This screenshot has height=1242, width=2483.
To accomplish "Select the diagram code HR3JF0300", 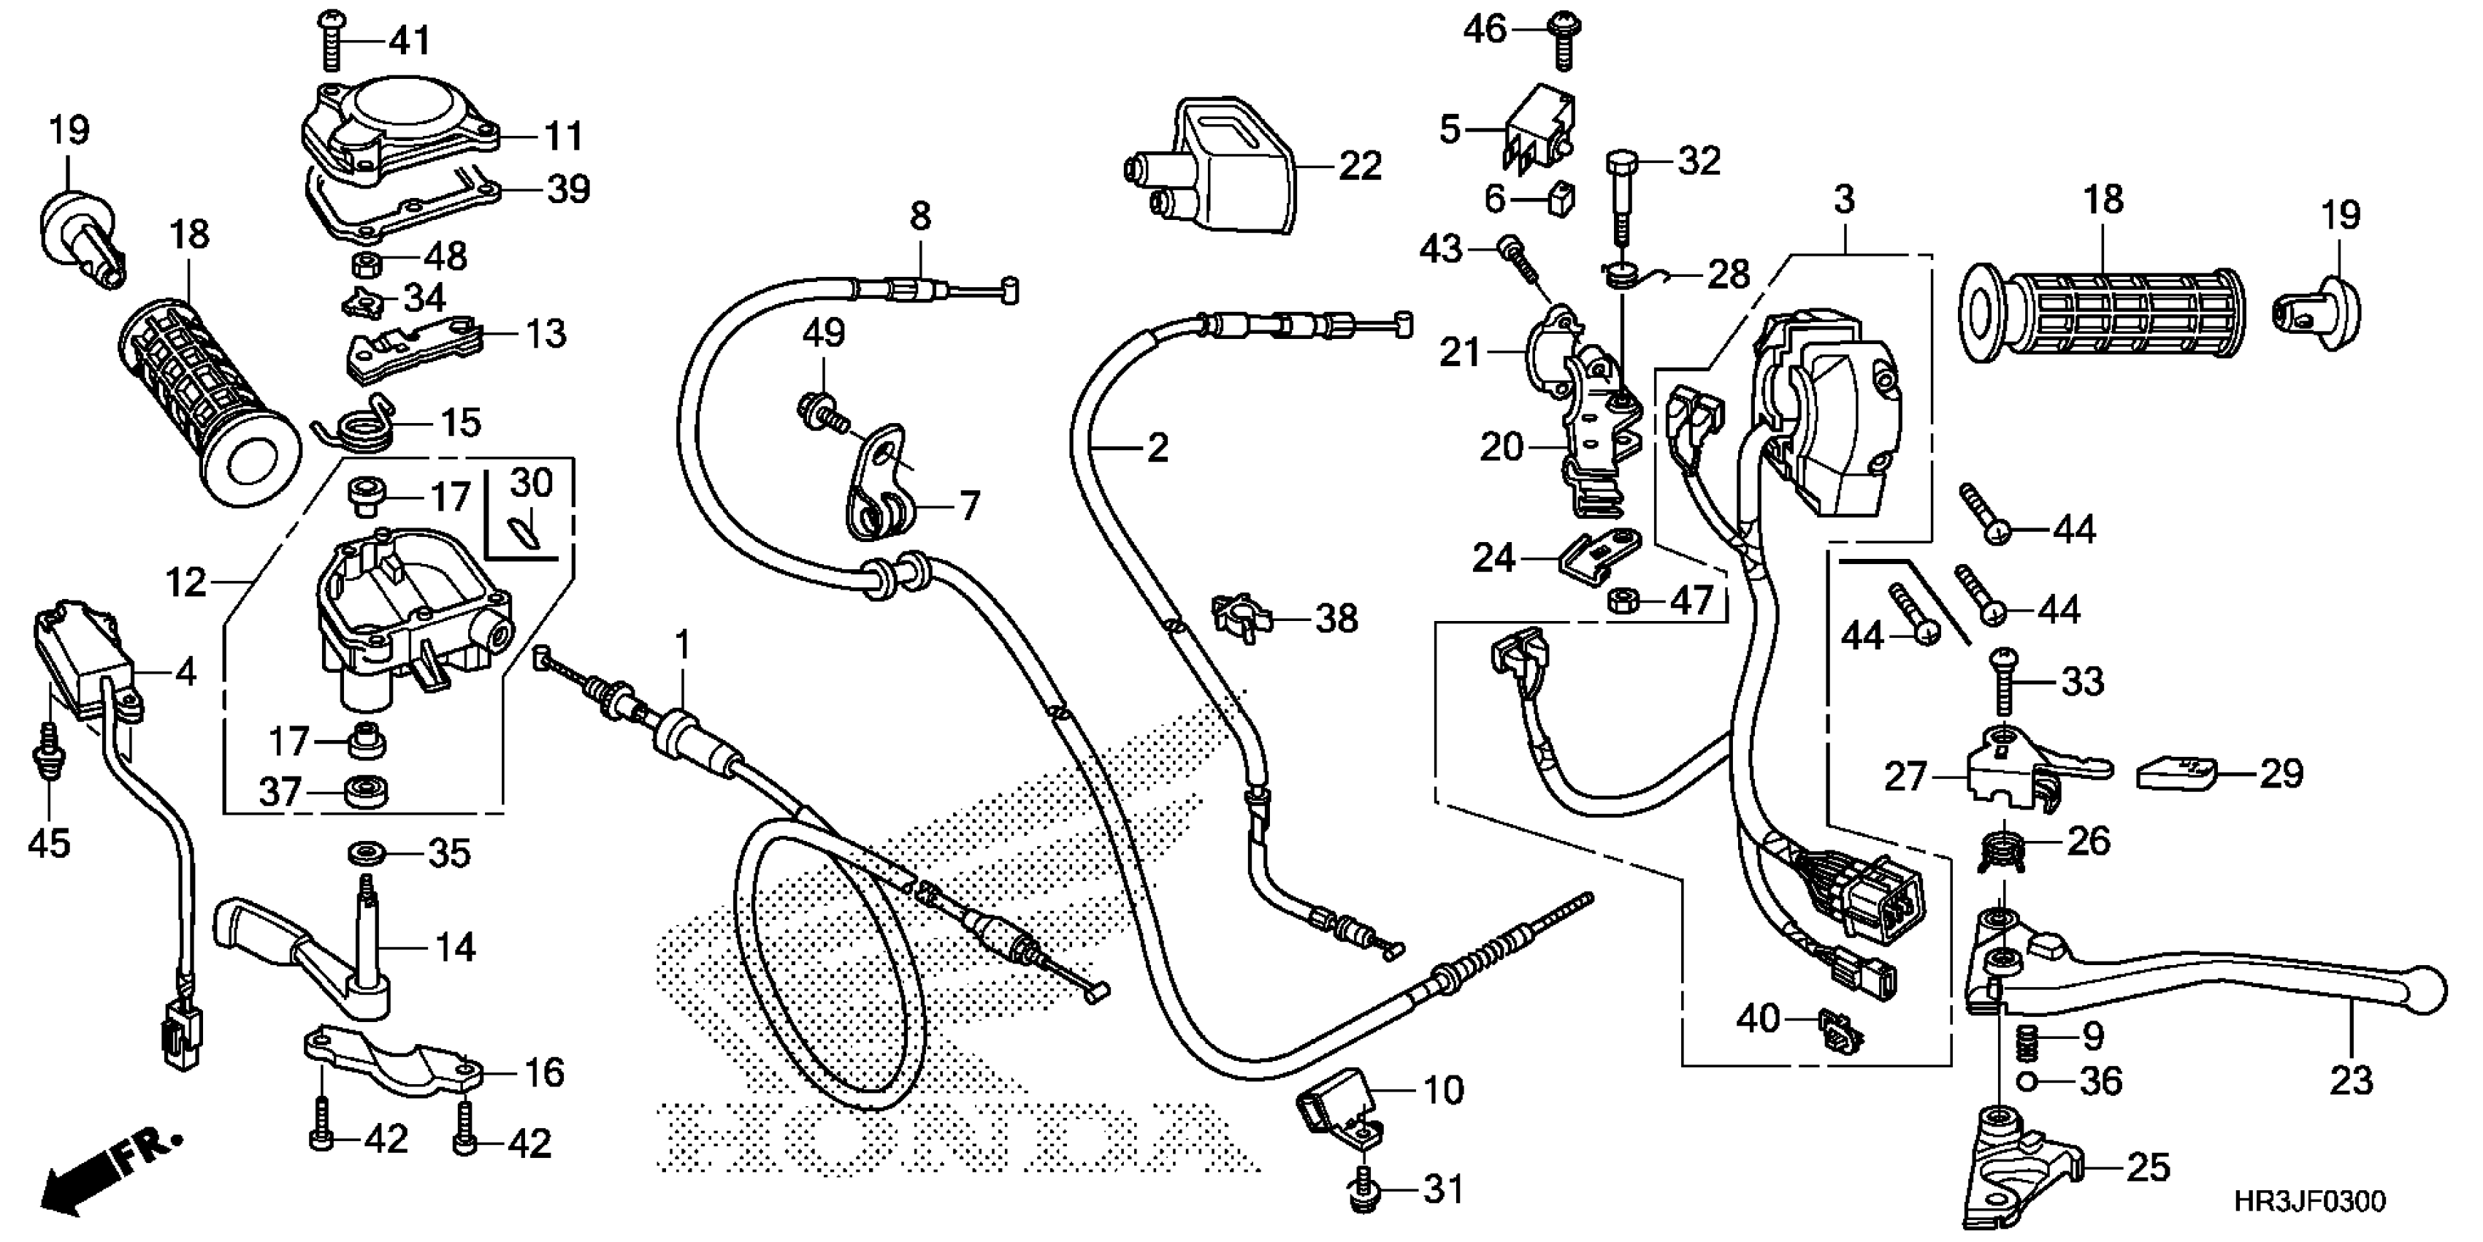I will [2309, 1203].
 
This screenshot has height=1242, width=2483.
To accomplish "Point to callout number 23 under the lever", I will [2350, 1081].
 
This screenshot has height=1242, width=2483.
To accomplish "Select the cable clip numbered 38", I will [1241, 617].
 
